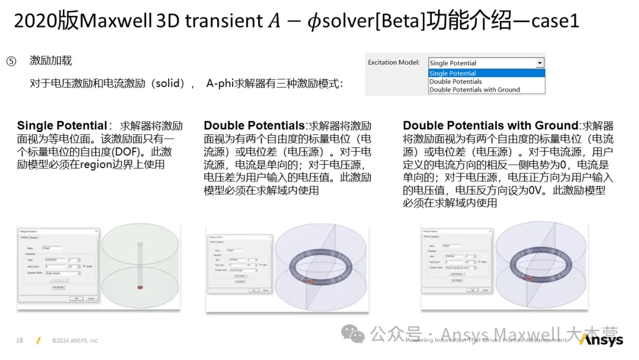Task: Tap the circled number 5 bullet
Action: point(11,62)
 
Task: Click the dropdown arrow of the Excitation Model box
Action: point(539,63)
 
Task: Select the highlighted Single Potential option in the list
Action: point(453,73)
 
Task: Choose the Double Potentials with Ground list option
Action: point(475,90)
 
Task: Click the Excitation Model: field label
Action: point(393,63)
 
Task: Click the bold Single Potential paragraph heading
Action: point(62,126)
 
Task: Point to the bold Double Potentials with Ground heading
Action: point(490,126)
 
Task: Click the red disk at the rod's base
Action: point(140,288)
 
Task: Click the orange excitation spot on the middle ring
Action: point(308,282)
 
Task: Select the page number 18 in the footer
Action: point(20,340)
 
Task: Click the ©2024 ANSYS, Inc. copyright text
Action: point(75,341)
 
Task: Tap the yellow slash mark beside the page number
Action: point(38,340)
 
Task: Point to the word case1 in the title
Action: point(554,22)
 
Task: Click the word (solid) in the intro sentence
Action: point(171,84)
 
